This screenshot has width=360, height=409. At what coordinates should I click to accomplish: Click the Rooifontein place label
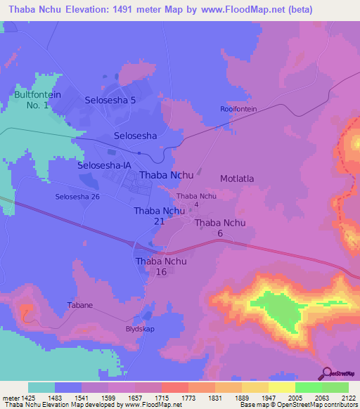click(x=238, y=109)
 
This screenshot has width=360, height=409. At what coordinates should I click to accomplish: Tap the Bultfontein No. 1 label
click(x=32, y=99)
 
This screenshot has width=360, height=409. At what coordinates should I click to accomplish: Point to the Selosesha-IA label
click(x=104, y=165)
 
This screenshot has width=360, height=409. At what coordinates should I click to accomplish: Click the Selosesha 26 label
click(x=77, y=196)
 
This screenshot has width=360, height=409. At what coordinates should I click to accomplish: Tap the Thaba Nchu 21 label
click(x=159, y=216)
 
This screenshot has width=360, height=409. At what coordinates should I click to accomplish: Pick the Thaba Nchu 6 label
click(x=219, y=228)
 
